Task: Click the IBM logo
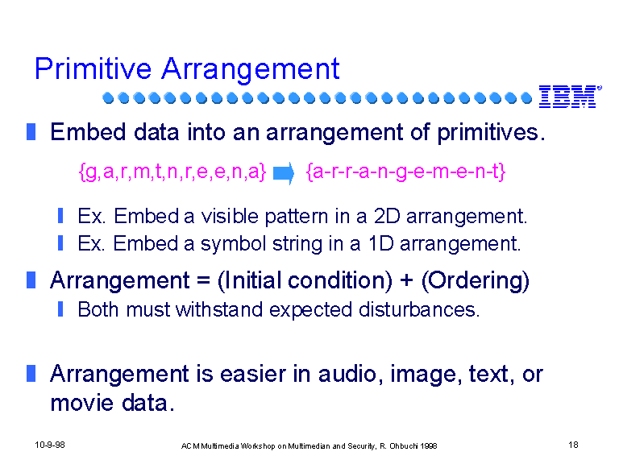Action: pyautogui.click(x=570, y=97)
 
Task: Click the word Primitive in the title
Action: pyautogui.click(x=93, y=69)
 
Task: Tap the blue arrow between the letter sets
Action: pyautogui.click(x=284, y=173)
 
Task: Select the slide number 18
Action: pyautogui.click(x=573, y=445)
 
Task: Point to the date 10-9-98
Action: pyautogui.click(x=50, y=445)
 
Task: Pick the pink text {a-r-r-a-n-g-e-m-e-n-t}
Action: pyautogui.click(x=406, y=172)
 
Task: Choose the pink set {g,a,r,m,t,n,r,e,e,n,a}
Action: pyautogui.click(x=172, y=172)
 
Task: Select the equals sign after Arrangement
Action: pyautogui.click(x=203, y=281)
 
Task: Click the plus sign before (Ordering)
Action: pyautogui.click(x=406, y=280)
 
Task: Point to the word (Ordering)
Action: pyautogui.click(x=476, y=281)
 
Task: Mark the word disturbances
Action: pyautogui.click(x=419, y=309)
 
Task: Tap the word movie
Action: pyautogui.click(x=82, y=404)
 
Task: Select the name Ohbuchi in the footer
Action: pyautogui.click(x=404, y=445)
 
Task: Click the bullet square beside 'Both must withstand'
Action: pyautogui.click(x=60, y=309)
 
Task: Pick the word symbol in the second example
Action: pyautogui.click(x=233, y=244)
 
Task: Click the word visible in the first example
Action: pyautogui.click(x=230, y=216)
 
